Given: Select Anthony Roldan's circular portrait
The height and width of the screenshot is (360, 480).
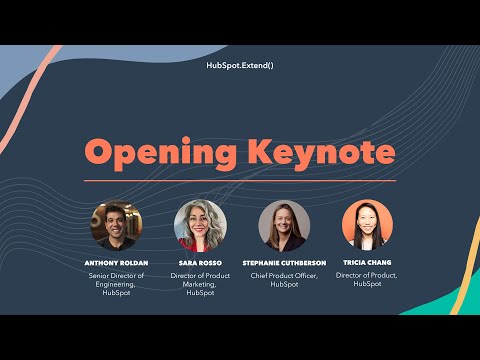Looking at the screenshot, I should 116,225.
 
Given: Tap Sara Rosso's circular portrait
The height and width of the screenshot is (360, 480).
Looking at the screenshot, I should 199,225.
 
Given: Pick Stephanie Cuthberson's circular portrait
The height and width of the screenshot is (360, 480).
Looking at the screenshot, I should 283,225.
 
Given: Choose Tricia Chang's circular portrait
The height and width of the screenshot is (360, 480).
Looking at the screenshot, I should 367,225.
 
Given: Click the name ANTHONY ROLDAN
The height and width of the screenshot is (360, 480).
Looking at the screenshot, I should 116,263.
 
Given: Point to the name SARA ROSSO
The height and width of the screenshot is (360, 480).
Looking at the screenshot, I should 199,263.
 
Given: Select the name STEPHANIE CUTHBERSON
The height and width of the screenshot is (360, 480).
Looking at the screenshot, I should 283,263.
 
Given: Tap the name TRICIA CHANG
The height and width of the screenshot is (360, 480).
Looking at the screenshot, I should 367,263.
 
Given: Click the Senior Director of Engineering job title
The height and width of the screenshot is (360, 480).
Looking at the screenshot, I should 116,283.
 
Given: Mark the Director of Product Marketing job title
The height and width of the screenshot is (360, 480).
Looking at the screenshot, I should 199,283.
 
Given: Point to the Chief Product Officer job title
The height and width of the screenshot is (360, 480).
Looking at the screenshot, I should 283,279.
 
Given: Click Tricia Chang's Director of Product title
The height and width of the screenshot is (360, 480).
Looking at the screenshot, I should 367,279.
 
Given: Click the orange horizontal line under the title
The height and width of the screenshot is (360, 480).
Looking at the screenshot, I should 239,181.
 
